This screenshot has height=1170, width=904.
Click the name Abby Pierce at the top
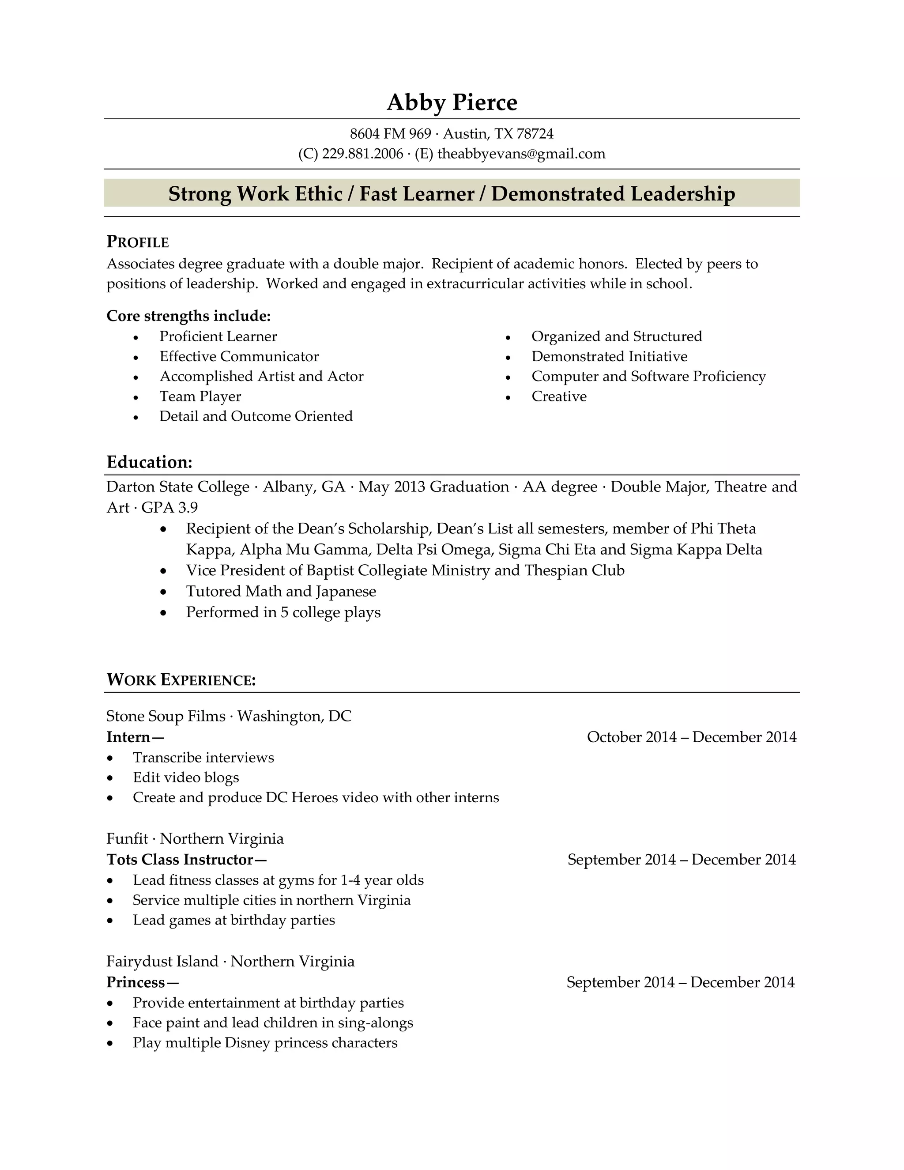[452, 102]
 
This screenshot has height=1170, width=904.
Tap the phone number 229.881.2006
[362, 154]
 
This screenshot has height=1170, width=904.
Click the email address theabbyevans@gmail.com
[521, 154]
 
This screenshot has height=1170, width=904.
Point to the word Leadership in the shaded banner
[682, 193]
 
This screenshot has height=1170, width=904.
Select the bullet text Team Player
[200, 396]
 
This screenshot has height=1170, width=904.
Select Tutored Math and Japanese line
[281, 592]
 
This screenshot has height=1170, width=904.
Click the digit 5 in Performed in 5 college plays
[284, 612]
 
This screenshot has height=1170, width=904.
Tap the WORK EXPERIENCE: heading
[181, 680]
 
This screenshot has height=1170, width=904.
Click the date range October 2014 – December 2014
[691, 737]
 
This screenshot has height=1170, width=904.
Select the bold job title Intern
[128, 737]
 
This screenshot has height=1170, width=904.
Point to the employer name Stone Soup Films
[166, 716]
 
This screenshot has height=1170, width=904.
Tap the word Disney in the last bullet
[247, 1043]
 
